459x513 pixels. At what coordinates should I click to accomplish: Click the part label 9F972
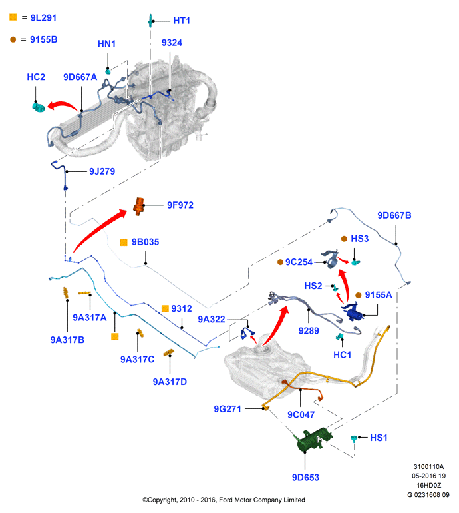180,205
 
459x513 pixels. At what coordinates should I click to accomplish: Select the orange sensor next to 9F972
139,206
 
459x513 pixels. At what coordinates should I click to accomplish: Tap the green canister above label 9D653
314,439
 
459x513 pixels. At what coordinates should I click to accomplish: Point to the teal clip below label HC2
39,107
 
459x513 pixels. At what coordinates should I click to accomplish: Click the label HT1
182,21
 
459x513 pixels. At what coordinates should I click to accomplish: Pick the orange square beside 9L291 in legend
13,17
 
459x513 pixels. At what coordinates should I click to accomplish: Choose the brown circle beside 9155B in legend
13,39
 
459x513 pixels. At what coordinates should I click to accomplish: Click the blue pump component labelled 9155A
353,312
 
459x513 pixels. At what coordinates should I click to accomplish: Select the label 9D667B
394,215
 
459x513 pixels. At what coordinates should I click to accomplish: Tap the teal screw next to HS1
353,438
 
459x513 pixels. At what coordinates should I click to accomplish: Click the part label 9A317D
170,382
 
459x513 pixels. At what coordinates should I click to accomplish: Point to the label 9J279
102,171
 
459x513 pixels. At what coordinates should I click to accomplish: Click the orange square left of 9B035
124,242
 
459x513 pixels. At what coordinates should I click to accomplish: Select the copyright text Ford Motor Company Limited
261,500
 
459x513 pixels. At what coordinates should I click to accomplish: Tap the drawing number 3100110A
428,466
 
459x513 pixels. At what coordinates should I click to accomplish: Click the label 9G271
228,409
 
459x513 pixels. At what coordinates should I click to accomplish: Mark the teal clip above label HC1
340,336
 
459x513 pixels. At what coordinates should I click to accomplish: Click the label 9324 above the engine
172,43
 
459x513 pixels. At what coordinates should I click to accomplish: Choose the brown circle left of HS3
344,239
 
